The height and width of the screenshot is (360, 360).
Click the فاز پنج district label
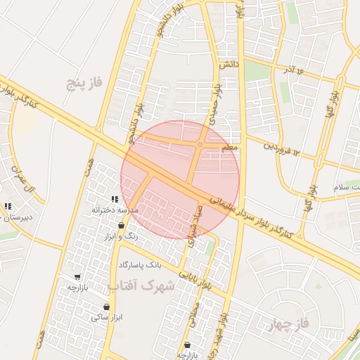[x=84, y=82]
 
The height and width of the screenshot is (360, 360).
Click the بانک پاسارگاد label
[x=140, y=265]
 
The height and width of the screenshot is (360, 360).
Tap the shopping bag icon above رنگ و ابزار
[x=122, y=226]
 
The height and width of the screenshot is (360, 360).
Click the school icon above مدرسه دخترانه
[x=115, y=200]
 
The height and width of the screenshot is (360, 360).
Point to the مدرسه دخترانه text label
[x=113, y=210]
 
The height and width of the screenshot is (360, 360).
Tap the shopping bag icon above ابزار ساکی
[x=106, y=307]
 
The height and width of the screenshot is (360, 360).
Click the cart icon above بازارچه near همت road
[x=77, y=277]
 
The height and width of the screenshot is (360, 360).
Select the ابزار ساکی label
[x=106, y=318]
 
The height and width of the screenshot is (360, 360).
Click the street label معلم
[x=229, y=148]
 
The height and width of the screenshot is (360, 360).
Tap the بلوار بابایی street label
[x=195, y=281]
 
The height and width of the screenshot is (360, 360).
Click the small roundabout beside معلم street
[x=200, y=146]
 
